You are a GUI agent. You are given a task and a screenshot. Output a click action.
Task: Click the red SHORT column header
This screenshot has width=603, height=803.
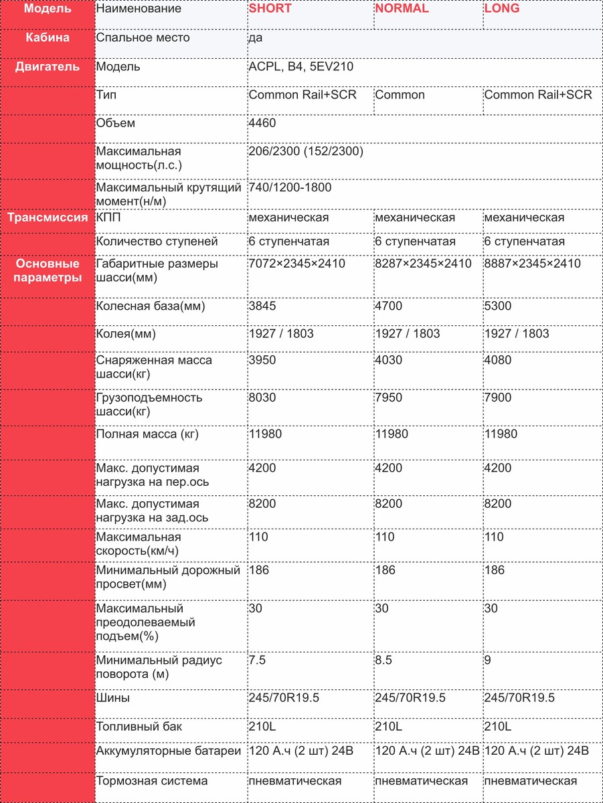click(x=270, y=9)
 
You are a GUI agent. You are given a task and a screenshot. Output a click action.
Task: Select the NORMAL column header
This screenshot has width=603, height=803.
click(x=402, y=9)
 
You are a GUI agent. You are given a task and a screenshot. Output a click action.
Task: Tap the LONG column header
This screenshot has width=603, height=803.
click(x=501, y=9)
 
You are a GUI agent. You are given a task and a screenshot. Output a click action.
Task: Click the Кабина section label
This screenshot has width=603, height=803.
click(x=48, y=38)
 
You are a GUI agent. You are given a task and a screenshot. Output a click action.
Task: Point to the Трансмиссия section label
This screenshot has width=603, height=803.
click(x=48, y=217)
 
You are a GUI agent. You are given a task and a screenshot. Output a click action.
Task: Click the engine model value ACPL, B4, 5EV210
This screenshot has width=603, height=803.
click(x=300, y=67)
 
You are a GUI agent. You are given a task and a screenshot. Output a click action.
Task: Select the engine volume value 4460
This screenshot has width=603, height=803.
click(x=262, y=123)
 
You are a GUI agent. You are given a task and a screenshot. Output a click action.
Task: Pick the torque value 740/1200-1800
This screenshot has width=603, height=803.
click(x=290, y=188)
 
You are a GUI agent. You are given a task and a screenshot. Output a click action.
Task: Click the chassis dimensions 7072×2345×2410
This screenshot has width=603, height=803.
click(x=296, y=264)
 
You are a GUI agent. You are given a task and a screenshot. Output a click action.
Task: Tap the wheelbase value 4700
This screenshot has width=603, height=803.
click(x=389, y=306)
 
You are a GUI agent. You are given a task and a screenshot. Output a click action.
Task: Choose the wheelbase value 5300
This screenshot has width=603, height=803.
click(x=498, y=306)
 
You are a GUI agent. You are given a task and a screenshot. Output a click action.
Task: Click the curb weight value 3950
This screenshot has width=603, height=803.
click(x=262, y=360)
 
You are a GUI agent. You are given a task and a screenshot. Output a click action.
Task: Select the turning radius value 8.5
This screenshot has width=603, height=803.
click(x=383, y=660)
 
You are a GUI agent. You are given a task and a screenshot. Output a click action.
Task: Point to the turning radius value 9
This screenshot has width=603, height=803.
click(x=488, y=660)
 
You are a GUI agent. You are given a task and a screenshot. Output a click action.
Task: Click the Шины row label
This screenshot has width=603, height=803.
click(x=113, y=698)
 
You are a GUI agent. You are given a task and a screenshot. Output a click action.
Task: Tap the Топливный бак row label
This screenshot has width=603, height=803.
click(x=139, y=727)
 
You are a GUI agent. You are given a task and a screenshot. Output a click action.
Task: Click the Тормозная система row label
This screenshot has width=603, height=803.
click(x=152, y=781)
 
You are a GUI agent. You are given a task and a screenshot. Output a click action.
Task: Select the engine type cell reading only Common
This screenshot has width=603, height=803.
click(x=400, y=95)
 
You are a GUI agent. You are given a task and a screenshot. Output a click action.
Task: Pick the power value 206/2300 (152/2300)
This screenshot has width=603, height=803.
click(x=306, y=152)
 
